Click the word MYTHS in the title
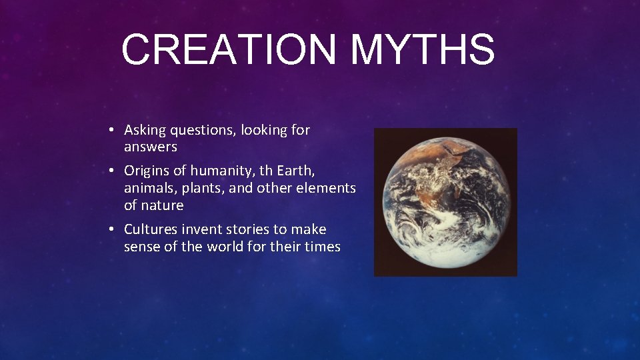pos(423,50)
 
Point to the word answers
pos(151,147)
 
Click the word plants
pos(202,189)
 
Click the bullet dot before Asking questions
pos(114,131)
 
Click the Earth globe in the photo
pos(445,202)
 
